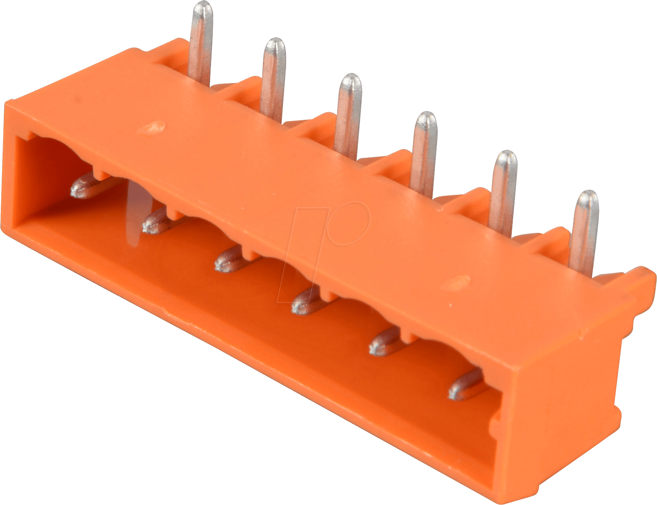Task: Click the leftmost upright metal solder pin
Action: (200, 43)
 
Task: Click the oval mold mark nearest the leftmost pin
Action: (153, 127)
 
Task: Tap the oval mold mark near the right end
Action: (456, 282)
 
